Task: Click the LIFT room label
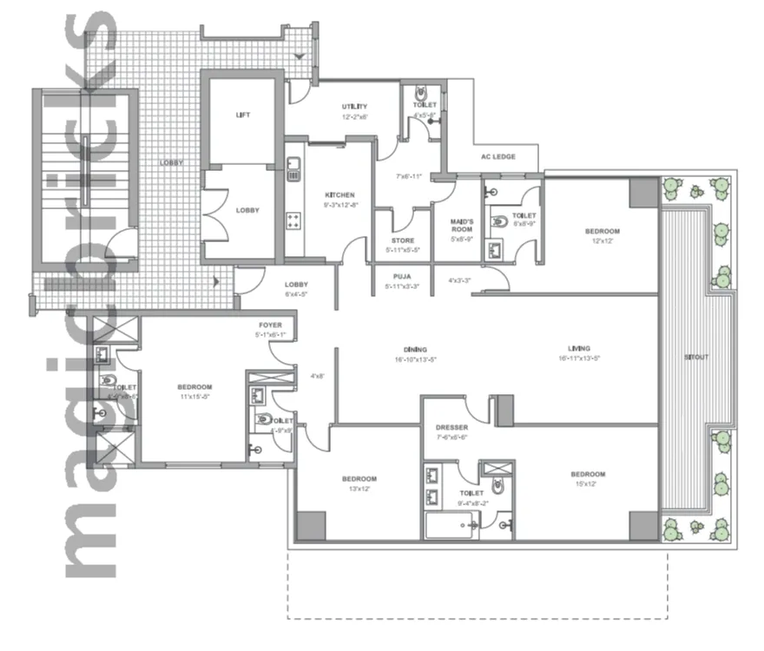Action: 243,115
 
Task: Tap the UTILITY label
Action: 353,107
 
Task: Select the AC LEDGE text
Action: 498,157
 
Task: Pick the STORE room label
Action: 402,241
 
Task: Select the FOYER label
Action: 269,326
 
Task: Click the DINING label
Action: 401,349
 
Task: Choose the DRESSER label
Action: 452,428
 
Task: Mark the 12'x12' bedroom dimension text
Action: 602,242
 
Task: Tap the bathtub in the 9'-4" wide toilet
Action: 451,525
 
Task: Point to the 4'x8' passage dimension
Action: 317,377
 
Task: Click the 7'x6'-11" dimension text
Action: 407,177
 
